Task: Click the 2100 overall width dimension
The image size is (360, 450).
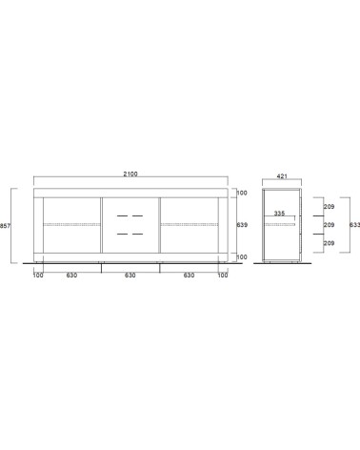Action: click(130, 174)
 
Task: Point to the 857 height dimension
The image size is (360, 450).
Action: click(6, 226)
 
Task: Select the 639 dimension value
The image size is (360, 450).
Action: click(242, 226)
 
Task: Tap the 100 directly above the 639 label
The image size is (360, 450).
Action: click(242, 194)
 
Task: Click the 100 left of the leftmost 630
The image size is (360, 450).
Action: click(37, 276)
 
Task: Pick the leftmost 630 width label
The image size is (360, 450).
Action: click(71, 276)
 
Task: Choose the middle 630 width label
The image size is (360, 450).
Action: click(130, 276)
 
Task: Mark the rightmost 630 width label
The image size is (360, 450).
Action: click(190, 276)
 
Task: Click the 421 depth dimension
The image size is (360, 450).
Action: click(282, 176)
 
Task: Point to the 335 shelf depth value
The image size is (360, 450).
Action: click(279, 215)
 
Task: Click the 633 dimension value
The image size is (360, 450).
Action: click(354, 226)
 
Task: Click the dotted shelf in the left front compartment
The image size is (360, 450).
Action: click(71, 224)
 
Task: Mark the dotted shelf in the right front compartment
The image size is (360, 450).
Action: click(190, 224)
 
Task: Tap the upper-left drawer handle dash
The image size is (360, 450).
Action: click(122, 216)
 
